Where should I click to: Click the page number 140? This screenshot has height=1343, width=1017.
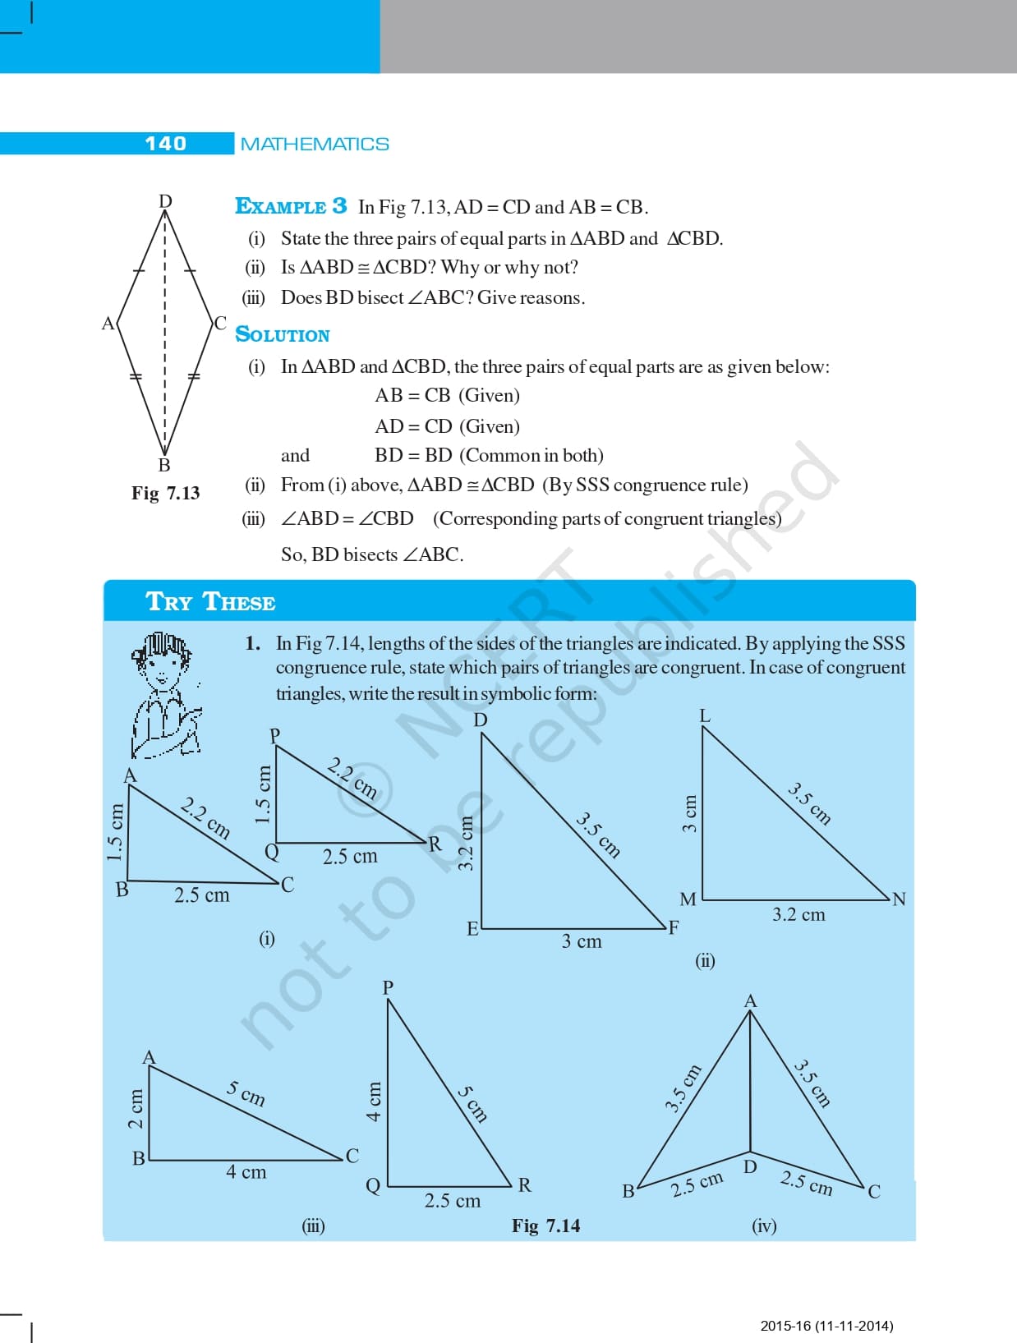(165, 144)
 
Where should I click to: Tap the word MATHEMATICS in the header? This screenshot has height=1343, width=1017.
(315, 145)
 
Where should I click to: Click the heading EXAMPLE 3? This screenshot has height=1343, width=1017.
(291, 206)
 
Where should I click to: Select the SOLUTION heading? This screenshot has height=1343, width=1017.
(283, 334)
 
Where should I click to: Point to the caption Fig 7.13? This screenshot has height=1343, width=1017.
(165, 493)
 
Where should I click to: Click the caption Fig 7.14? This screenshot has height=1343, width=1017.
(545, 1226)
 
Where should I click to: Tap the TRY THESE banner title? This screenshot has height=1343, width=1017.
(210, 602)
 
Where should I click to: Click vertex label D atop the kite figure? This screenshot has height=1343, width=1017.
(165, 201)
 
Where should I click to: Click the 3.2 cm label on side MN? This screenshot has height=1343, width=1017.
(798, 914)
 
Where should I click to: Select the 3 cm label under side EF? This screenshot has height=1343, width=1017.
(582, 941)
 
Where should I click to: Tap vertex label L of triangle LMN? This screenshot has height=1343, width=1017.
(705, 716)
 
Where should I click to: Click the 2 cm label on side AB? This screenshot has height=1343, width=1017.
(136, 1109)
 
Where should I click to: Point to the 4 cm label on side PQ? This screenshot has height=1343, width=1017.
(374, 1102)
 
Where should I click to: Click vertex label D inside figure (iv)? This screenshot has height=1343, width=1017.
(750, 1166)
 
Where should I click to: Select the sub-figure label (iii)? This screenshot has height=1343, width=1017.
(313, 1226)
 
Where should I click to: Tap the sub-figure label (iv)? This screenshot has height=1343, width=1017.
(764, 1226)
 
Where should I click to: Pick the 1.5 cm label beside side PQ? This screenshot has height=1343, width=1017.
(263, 794)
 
